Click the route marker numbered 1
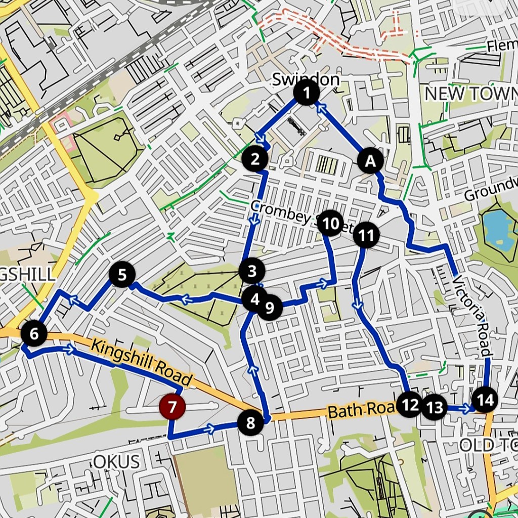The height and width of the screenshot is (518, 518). [306, 93]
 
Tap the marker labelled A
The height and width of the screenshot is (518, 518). [371, 161]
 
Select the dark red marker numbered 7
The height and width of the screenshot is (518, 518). [172, 407]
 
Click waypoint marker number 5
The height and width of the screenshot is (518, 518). [122, 275]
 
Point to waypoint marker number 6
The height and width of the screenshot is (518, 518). [34, 334]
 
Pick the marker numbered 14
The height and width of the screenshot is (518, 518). [485, 401]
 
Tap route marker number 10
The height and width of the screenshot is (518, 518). [330, 223]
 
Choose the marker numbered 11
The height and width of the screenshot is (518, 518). [366, 235]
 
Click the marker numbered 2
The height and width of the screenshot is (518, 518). [254, 159]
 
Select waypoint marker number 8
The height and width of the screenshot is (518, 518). [251, 423]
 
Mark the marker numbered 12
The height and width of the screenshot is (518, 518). [409, 404]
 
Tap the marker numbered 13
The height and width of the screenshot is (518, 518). [435, 407]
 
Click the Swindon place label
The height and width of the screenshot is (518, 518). [306, 79]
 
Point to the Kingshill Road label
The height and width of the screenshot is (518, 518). [143, 363]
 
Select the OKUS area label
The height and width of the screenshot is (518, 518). [116, 461]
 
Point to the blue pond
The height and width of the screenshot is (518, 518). [497, 228]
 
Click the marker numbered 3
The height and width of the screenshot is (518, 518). [251, 272]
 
